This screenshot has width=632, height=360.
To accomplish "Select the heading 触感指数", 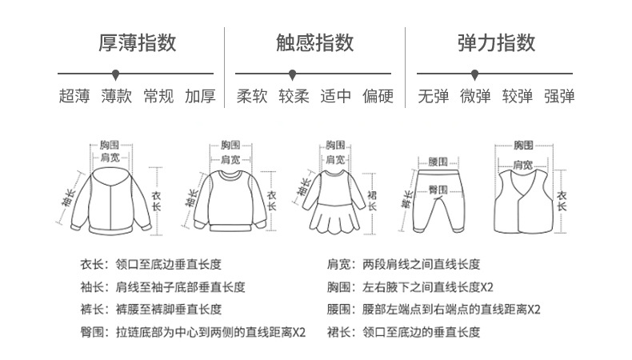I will (x=315, y=42).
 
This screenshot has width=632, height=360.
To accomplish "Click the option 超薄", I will (x=74, y=97).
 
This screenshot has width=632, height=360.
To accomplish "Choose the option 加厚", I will (x=200, y=97).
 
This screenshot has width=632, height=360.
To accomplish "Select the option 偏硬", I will (x=378, y=97).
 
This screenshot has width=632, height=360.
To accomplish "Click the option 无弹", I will (x=434, y=97).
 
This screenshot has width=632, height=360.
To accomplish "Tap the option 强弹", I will (x=559, y=97).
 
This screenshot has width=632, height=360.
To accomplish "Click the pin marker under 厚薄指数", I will (x=116, y=74).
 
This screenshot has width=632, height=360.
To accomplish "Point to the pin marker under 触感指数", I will (x=292, y=74).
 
